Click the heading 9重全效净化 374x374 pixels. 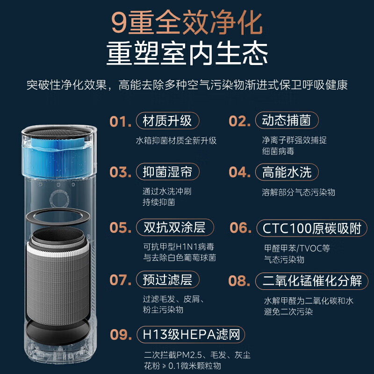[x=187, y=23]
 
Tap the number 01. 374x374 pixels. [x=120, y=122]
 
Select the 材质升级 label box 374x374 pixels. [x=167, y=121]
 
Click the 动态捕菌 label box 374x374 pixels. [x=287, y=121]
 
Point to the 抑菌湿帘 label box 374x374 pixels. [x=167, y=172]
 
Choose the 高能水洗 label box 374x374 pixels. [x=287, y=172]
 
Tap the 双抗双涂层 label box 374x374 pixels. [x=174, y=228]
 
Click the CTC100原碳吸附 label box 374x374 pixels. [x=311, y=229]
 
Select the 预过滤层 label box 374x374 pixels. [x=167, y=280]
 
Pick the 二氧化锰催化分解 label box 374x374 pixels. [x=312, y=281]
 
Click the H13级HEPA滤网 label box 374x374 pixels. [x=191, y=335]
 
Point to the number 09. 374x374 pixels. [x=120, y=335]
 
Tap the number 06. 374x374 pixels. [x=240, y=228]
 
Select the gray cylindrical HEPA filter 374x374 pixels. [x=57, y=280]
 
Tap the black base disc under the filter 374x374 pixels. [x=57, y=330]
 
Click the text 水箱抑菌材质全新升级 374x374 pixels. [x=176, y=140]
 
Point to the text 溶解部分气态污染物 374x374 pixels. [x=298, y=192]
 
